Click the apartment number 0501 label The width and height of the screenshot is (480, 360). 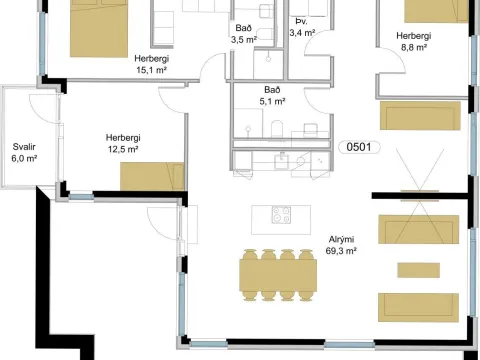pyautogui.click(x=359, y=147)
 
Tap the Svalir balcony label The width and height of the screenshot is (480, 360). pyautogui.click(x=24, y=147)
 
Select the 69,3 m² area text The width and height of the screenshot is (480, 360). pyautogui.click(x=341, y=251)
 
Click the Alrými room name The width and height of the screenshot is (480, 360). pyautogui.click(x=341, y=239)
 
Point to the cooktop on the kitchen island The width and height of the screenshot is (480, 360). pyautogui.click(x=281, y=215)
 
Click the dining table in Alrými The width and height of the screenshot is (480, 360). pyautogui.click(x=278, y=275)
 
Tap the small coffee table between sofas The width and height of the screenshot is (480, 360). pyautogui.click(x=419, y=270)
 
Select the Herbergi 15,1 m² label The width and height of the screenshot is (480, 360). pyautogui.click(x=152, y=64)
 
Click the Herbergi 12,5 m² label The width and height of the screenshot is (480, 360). pyautogui.click(x=123, y=143)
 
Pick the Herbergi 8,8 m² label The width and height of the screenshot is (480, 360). pyautogui.click(x=414, y=41)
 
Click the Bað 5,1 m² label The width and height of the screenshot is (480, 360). pyautogui.click(x=272, y=95)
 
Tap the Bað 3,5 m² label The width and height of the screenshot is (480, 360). pyautogui.click(x=244, y=34)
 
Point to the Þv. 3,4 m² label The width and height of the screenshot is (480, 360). pyautogui.click(x=302, y=27)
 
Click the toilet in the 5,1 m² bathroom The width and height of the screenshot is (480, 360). pyautogui.click(x=277, y=129)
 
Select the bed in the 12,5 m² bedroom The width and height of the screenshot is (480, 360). pyautogui.click(x=152, y=176)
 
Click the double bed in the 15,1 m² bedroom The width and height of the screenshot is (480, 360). pyautogui.click(x=99, y=28)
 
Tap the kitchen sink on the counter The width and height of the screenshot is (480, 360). pyautogui.click(x=282, y=161)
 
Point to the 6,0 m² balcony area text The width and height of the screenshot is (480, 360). pyautogui.click(x=24, y=158)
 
